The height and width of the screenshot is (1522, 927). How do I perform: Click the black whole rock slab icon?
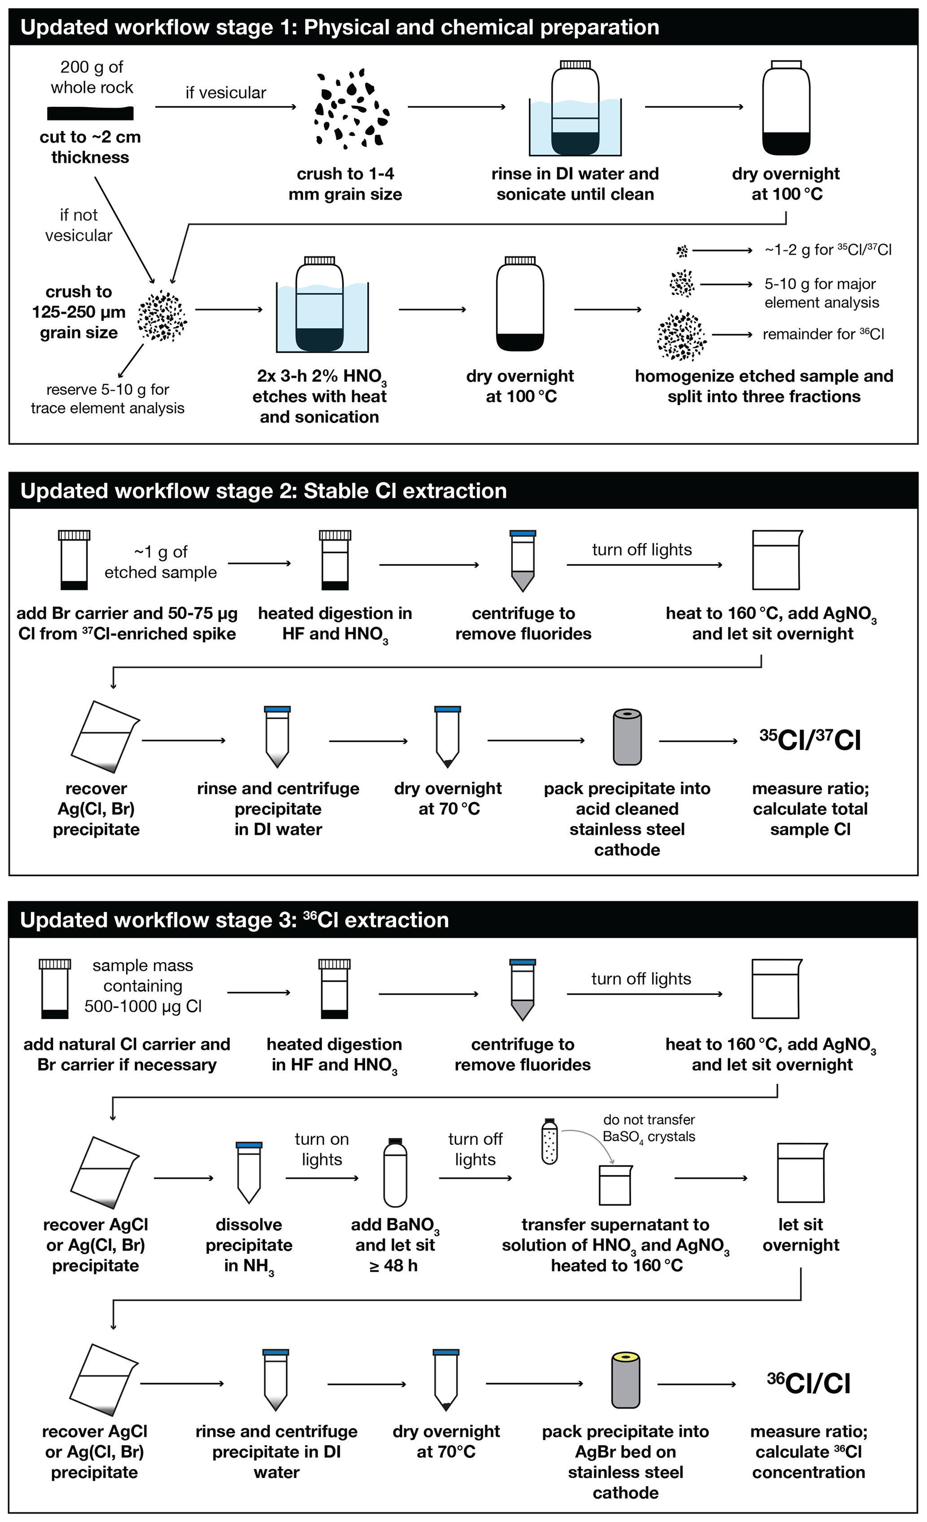90,113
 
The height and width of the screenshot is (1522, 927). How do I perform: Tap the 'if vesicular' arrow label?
226,93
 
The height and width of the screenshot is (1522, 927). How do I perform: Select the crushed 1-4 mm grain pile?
349,108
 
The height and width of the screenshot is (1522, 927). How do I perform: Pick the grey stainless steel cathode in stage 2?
627,737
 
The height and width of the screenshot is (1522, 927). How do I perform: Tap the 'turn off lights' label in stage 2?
642,550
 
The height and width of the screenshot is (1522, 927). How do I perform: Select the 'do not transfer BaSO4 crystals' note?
648,1128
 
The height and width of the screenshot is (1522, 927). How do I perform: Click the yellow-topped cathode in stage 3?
625,1379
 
